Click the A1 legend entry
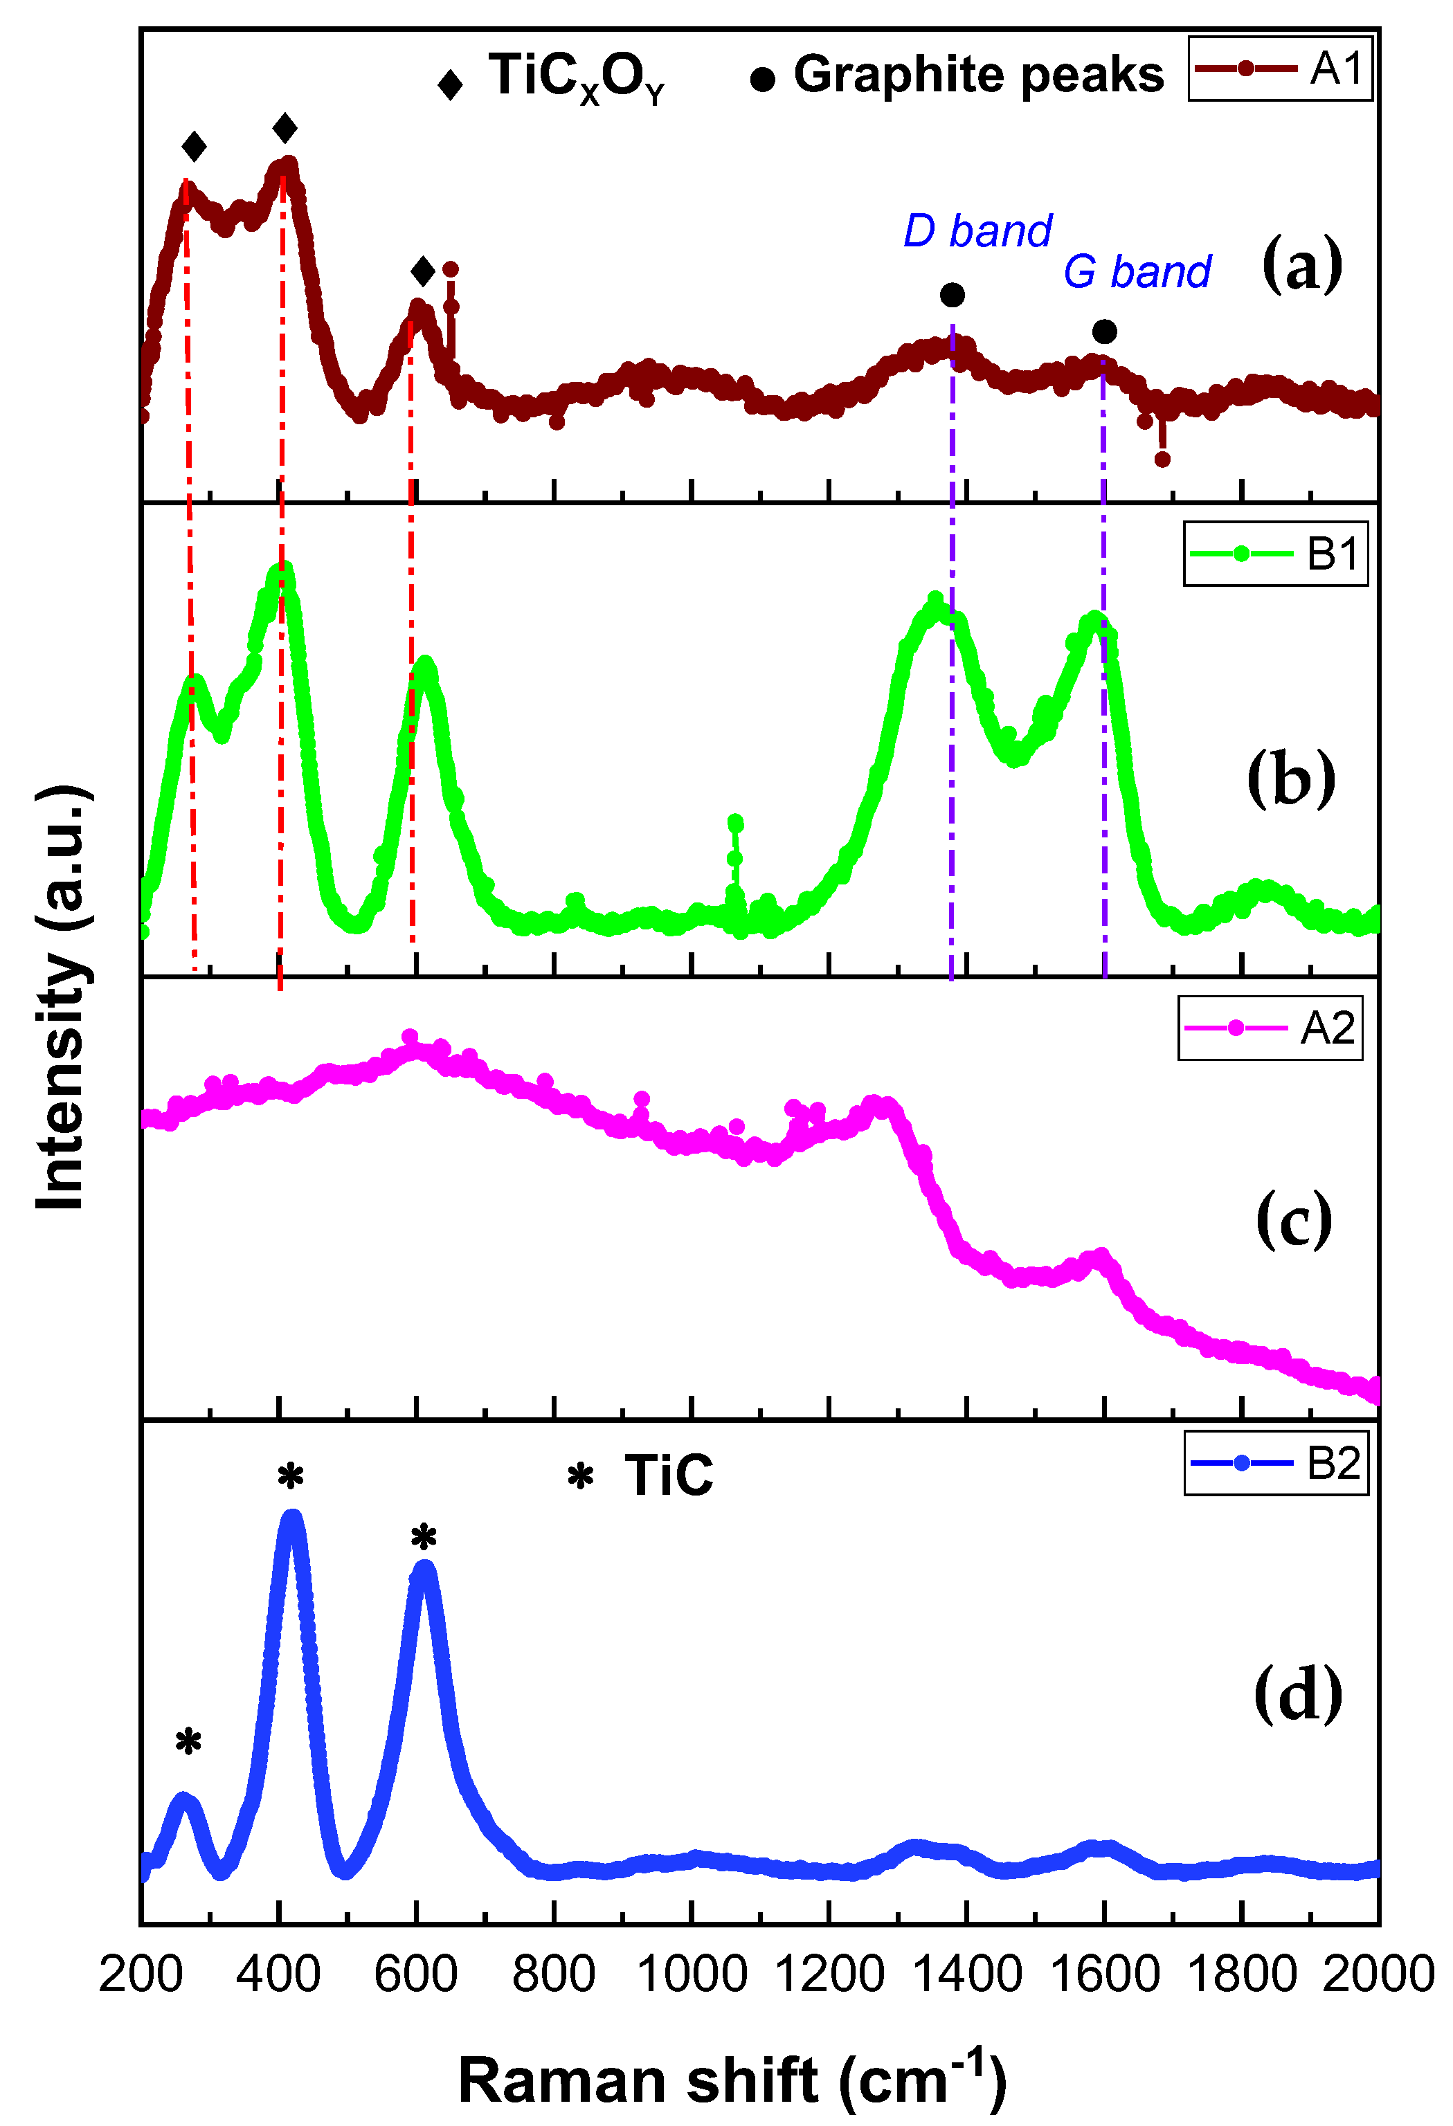[1279, 69]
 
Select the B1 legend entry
[1276, 554]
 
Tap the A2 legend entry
[1270, 1028]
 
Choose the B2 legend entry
[1276, 1463]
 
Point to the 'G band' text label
[1137, 272]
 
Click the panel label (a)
[1301, 265]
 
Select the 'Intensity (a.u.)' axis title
[62, 997]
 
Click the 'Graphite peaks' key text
[977, 74]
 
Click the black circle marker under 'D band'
[952, 296]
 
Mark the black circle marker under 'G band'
[1104, 331]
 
